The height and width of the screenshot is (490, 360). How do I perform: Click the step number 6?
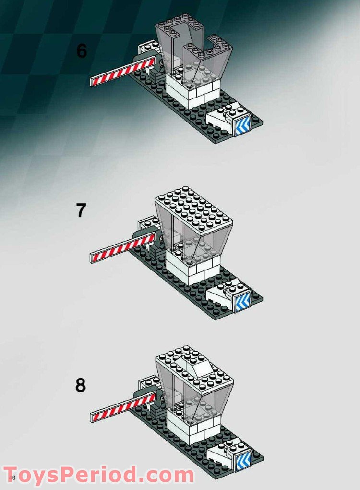82,51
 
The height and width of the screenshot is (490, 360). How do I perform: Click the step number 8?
81,385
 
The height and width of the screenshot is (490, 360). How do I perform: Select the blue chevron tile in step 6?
242,126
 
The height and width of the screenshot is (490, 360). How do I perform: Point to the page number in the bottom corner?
12,478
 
